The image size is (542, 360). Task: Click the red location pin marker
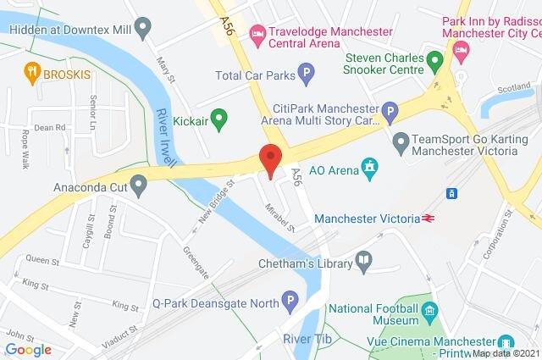coord(270,159)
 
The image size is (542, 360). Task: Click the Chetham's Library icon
coord(363,262)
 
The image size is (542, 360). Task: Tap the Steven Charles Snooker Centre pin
coord(434,61)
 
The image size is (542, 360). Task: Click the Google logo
coord(28,348)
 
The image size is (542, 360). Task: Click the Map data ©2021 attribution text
coord(504,353)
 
